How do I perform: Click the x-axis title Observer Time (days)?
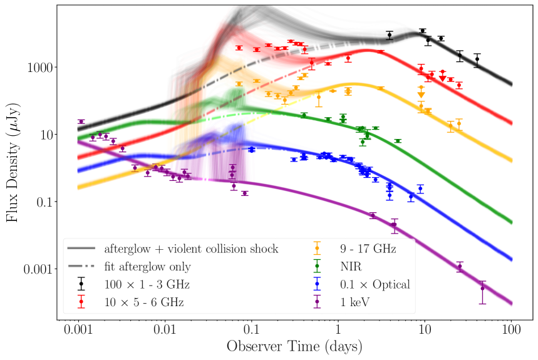[x=294, y=346]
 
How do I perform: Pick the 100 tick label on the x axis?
[x=511, y=329]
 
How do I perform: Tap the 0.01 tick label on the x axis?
[x=165, y=329]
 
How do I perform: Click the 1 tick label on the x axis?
[x=338, y=329]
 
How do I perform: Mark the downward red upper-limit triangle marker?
[x=443, y=78]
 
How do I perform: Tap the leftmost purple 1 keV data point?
[x=81, y=121]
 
